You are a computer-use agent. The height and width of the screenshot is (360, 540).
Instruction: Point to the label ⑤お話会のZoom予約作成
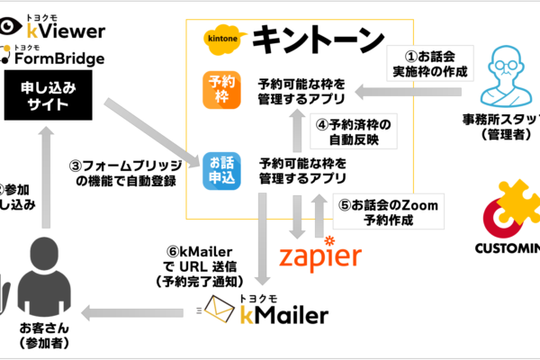coord(388,211)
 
